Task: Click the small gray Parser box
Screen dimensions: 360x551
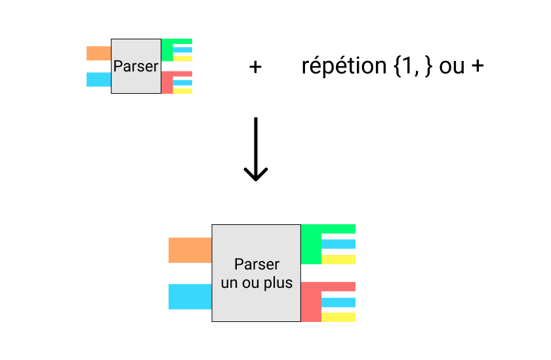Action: [136, 66]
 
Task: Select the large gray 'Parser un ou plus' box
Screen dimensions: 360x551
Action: [256, 273]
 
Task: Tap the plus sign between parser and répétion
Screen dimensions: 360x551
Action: [256, 66]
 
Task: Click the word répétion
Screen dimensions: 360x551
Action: [344, 66]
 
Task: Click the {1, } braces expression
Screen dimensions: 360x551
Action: [413, 66]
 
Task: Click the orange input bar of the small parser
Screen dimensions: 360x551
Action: [99, 53]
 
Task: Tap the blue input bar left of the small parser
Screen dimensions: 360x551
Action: [99, 79]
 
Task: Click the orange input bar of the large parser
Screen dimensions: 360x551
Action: [190, 250]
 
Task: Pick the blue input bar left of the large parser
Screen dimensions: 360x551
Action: [190, 296]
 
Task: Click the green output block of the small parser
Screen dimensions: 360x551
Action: [167, 50]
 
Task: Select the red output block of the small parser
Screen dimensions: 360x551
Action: [167, 83]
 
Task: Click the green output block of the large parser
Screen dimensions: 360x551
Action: [311, 245]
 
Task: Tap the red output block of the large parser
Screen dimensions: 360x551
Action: [311, 302]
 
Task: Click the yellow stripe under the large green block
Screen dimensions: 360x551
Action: [338, 260]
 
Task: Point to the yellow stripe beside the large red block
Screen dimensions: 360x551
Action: [338, 317]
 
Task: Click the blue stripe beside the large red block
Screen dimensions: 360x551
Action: [338, 302]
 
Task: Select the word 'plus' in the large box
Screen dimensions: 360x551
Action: [279, 284]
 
